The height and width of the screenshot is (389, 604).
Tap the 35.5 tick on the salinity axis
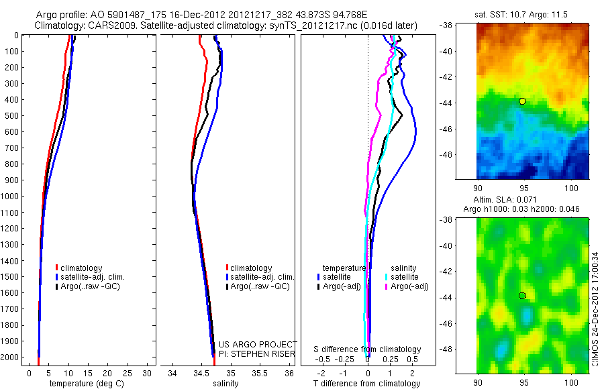click(x=260, y=373)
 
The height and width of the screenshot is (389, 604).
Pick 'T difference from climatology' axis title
click(x=367, y=384)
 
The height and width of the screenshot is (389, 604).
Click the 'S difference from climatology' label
click(x=367, y=349)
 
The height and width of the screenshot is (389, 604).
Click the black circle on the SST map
click(x=522, y=101)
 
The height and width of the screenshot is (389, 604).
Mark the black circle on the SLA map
click(x=522, y=296)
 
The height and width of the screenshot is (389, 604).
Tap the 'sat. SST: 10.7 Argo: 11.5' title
click(x=523, y=13)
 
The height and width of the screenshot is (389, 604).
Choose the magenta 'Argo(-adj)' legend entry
click(x=409, y=286)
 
